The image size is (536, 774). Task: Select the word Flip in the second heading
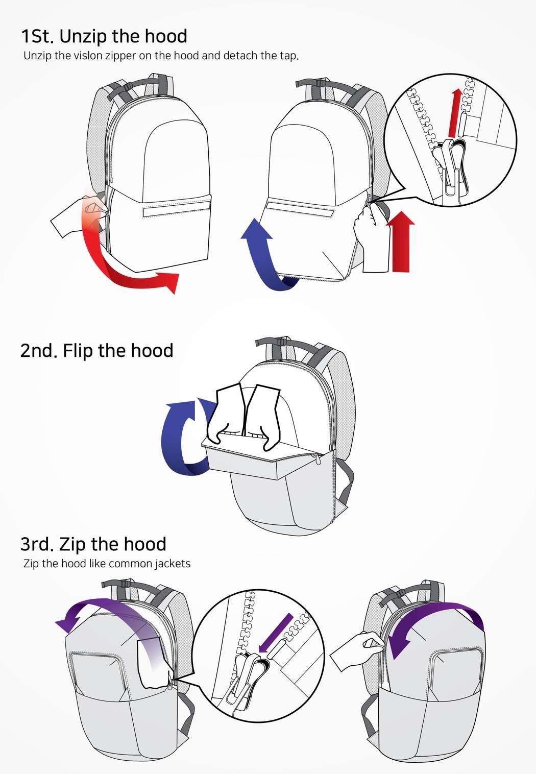pyautogui.click(x=78, y=351)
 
